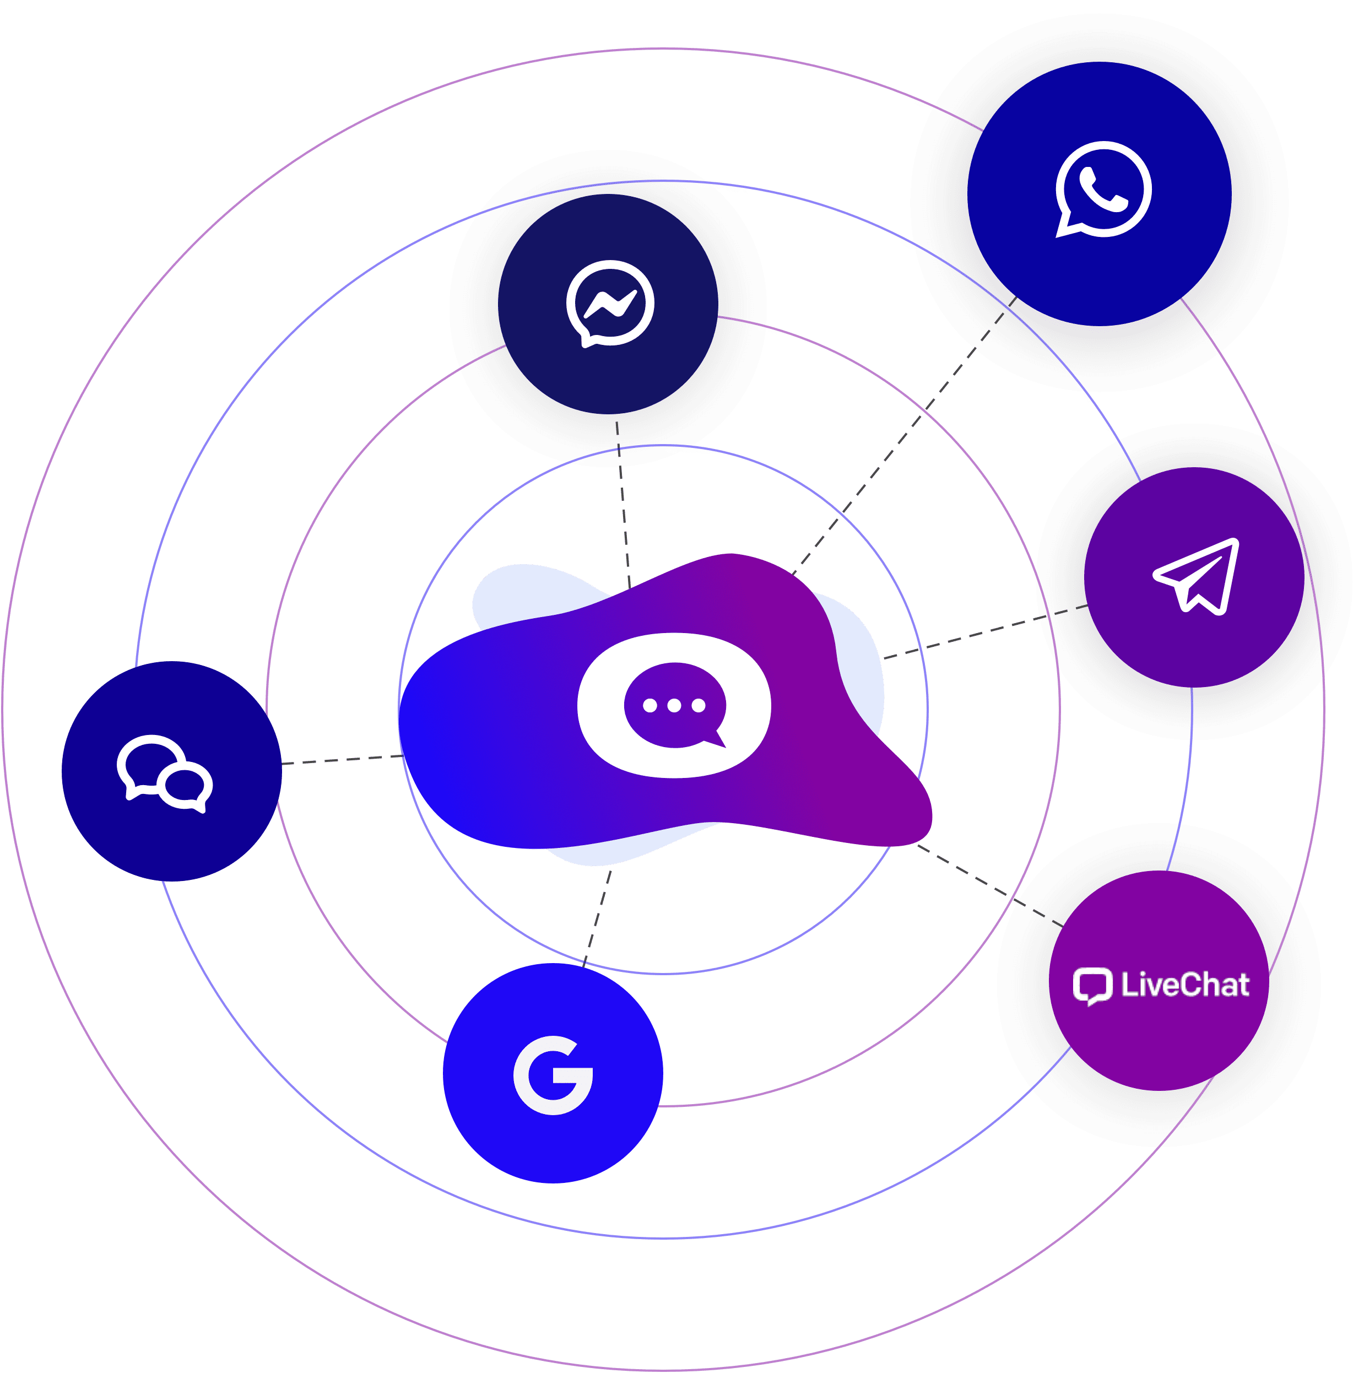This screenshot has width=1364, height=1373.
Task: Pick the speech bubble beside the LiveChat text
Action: tap(1092, 986)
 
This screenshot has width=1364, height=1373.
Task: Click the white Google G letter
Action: tap(554, 1075)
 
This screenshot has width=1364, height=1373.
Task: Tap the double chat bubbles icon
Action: tap(165, 773)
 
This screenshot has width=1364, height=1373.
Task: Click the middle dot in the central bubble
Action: tap(674, 706)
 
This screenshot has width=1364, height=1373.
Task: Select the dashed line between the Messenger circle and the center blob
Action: tap(623, 505)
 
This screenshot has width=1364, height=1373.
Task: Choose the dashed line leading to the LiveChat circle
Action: tap(988, 885)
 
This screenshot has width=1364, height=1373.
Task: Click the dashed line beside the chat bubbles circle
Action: tap(341, 760)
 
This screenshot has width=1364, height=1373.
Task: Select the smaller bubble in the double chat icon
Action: tap(186, 787)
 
